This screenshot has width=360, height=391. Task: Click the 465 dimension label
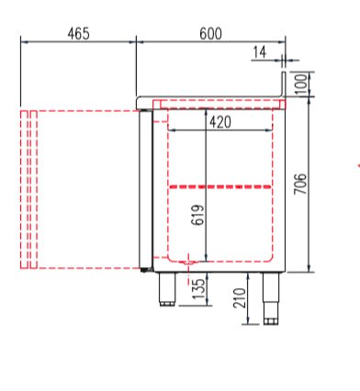tap(78, 33)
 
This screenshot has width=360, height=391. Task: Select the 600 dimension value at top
tap(210, 33)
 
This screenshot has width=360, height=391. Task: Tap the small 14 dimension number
tap(259, 52)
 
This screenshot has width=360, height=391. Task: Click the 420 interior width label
tap(219, 121)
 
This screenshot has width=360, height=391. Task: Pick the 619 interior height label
tap(197, 215)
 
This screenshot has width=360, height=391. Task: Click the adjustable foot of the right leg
tap(271, 320)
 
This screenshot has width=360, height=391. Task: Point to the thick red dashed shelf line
tap(220, 186)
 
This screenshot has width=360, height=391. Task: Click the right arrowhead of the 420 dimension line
tap(272, 129)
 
